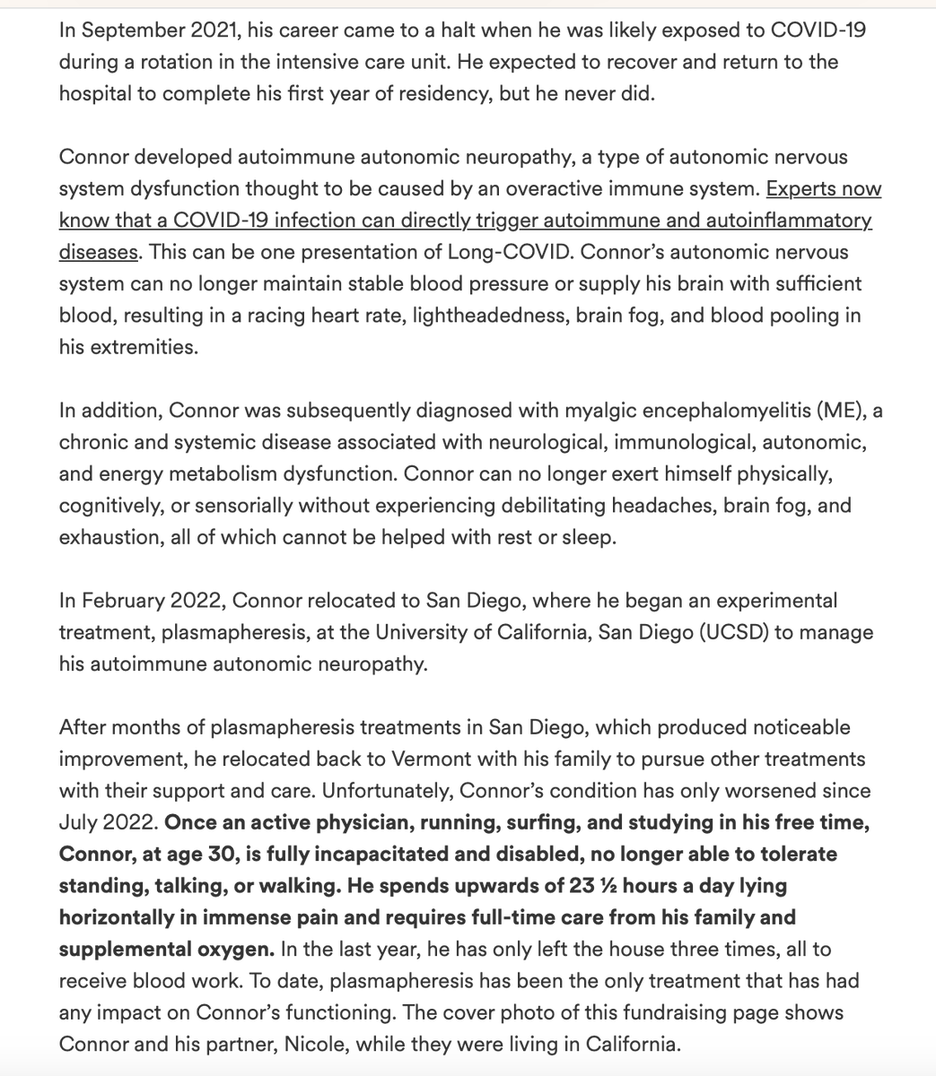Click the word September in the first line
(x=124, y=30)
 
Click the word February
(x=121, y=601)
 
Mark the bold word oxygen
(x=241, y=949)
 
